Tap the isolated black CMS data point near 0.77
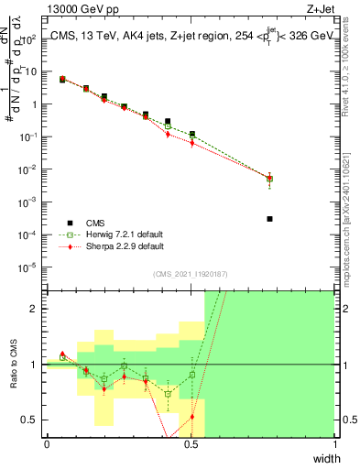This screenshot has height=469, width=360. point(269,219)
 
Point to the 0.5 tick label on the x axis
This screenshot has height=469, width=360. point(191,444)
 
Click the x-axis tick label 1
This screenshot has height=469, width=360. point(334,444)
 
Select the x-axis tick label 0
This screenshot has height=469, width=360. point(47,444)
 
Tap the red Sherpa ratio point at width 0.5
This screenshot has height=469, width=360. point(191,417)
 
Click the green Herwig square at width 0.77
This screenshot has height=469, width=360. point(269,179)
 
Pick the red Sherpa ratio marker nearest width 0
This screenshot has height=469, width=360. point(62,354)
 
